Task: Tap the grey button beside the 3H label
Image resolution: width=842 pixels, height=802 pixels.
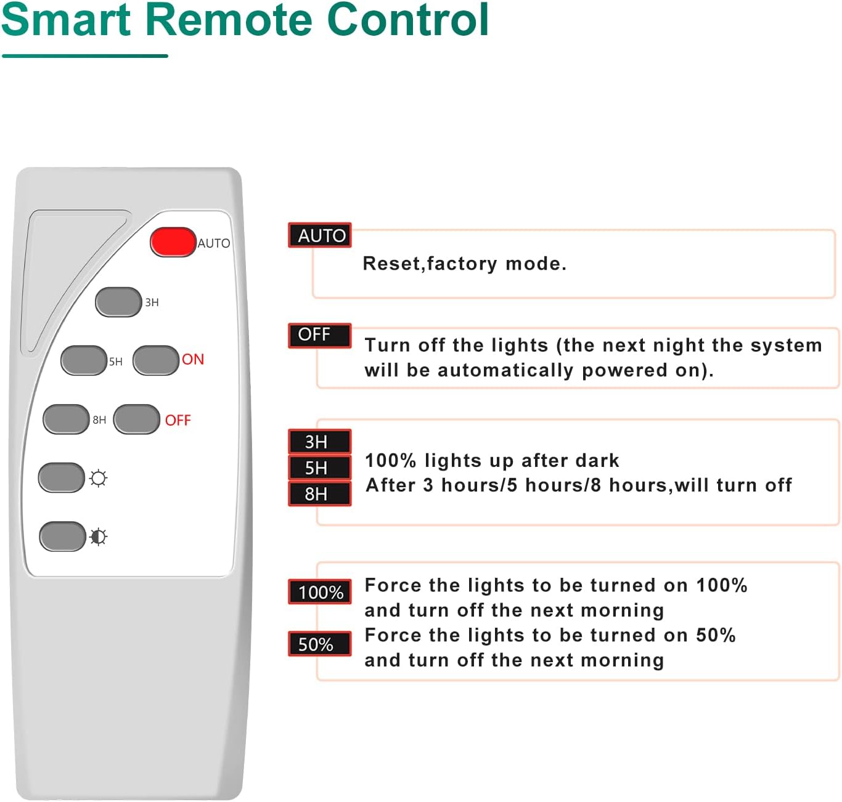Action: point(118,302)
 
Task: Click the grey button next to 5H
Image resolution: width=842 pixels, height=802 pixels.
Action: point(84,360)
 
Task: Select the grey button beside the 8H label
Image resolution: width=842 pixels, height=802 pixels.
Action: point(66,419)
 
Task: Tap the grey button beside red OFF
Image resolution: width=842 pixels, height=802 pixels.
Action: point(137,419)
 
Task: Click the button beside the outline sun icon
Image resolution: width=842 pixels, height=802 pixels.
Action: point(62,477)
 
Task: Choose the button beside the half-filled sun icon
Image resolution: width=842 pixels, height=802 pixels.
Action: point(62,536)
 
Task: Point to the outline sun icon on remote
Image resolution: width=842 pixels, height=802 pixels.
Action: point(99,478)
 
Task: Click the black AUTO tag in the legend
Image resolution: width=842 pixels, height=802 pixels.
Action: point(320,235)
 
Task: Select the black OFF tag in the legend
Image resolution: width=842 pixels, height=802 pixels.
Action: point(320,334)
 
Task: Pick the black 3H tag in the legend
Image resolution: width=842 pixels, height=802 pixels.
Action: point(320,442)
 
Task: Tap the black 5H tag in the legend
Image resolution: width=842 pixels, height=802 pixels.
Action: point(320,468)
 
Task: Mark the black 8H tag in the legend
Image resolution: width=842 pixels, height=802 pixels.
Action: point(320,493)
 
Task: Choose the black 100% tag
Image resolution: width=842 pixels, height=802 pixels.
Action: point(320,592)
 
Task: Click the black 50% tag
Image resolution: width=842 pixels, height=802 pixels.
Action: point(320,644)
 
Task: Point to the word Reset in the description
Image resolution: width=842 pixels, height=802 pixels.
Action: point(391,264)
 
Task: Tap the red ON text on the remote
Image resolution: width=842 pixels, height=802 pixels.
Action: point(193,359)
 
